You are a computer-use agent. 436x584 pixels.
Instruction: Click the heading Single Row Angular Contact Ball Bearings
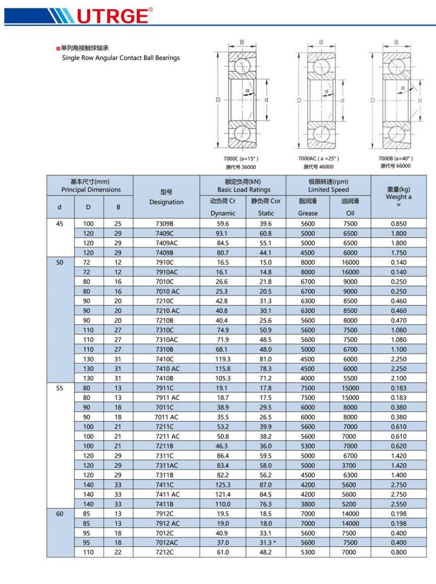pos(121,58)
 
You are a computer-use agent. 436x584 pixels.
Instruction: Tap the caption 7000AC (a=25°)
pos(318,159)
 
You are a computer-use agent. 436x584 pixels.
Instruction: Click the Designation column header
pos(167,202)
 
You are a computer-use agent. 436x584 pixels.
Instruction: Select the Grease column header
pos(308,213)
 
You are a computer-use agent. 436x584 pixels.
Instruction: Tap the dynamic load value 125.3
pos(222,485)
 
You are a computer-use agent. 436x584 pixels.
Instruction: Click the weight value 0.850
pos(399,224)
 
